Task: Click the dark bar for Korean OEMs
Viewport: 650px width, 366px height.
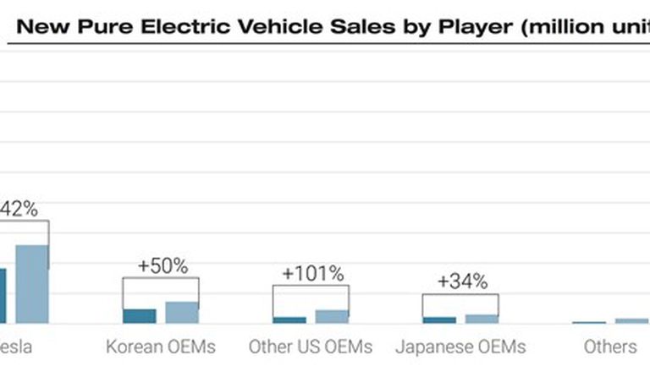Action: click(x=140, y=316)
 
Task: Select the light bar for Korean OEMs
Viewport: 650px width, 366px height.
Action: click(x=182, y=313)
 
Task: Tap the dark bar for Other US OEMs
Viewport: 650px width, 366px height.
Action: click(x=289, y=320)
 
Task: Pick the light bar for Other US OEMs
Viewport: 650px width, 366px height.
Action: click(x=332, y=317)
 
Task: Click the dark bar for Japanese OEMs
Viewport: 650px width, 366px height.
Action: click(x=439, y=320)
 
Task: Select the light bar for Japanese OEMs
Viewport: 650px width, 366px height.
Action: click(x=482, y=319)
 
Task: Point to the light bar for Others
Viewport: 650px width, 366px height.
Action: click(x=631, y=321)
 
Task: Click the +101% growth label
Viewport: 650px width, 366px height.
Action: click(x=313, y=273)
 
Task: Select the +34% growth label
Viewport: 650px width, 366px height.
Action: click(x=462, y=281)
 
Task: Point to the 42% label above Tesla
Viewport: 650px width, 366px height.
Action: click(x=19, y=209)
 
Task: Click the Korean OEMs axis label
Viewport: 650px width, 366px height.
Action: click(x=161, y=347)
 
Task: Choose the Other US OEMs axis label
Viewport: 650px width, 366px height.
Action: click(x=311, y=347)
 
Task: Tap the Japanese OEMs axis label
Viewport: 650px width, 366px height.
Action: click(x=460, y=347)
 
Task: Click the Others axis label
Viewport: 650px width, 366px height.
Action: click(x=610, y=347)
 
